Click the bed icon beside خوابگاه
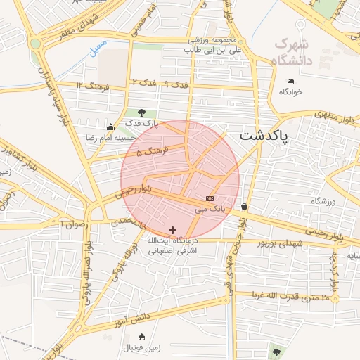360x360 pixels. [x=290, y=81]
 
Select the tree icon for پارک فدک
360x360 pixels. [x=142, y=112]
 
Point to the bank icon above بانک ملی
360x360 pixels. [x=210, y=198]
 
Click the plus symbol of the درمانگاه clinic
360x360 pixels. [x=173, y=230]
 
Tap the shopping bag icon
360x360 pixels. [x=244, y=207]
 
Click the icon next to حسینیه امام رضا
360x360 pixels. [x=110, y=127]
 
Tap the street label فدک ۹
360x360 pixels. [x=176, y=84]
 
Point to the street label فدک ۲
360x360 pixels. [x=143, y=84]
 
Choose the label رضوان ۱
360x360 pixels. [x=72, y=224]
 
